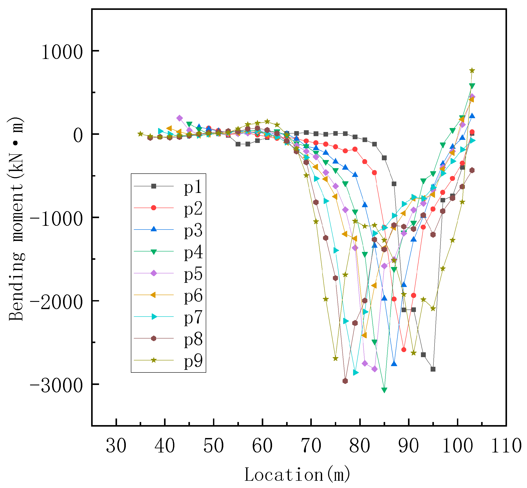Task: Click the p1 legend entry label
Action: pyautogui.click(x=193, y=187)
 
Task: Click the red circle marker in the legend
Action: pyautogui.click(x=154, y=208)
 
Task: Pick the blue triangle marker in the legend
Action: pyautogui.click(x=154, y=229)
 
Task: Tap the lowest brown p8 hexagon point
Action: pyautogui.click(x=345, y=381)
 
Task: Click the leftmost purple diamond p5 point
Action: pyautogui.click(x=180, y=118)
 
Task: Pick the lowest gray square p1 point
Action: pyautogui.click(x=433, y=369)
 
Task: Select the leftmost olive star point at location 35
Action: pyautogui.click(x=141, y=134)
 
